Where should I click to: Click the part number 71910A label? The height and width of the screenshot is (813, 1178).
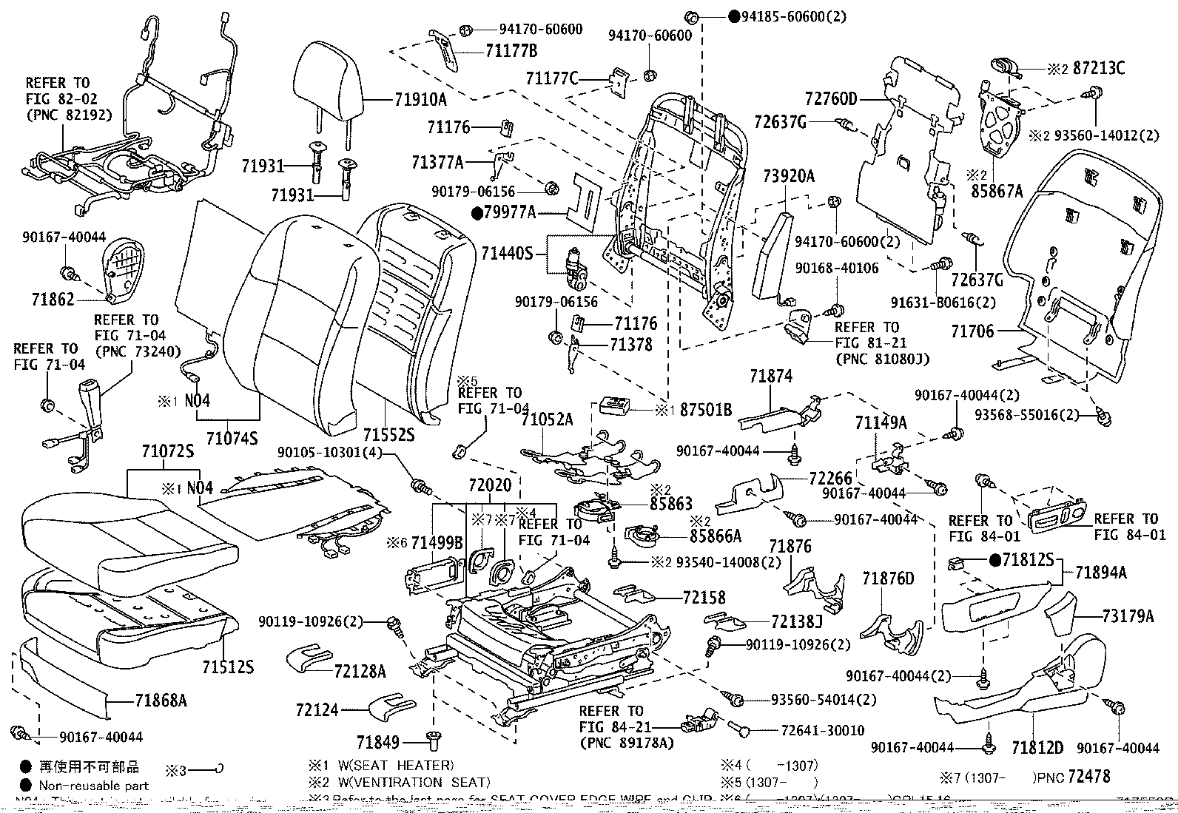coord(420,99)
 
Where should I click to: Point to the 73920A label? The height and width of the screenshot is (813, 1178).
coord(789,176)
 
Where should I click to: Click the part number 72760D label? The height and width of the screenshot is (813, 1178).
coord(830,99)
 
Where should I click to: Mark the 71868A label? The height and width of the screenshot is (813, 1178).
coord(161,699)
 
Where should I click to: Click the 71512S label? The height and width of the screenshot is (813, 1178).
coord(227,667)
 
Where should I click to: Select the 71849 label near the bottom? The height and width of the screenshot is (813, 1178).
coord(378,741)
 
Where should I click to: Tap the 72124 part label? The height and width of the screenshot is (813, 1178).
coord(317,710)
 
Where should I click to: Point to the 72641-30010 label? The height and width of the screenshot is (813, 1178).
coord(822,731)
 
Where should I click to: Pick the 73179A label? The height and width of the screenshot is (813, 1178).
coord(1128,615)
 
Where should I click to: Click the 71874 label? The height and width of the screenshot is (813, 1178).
coord(770,377)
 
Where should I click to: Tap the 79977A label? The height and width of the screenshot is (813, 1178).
coord(509,214)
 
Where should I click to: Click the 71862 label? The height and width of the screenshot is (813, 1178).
coord(53,299)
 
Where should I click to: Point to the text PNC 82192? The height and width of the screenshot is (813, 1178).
coord(69,115)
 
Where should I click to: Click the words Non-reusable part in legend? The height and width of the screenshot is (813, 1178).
coord(94,786)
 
